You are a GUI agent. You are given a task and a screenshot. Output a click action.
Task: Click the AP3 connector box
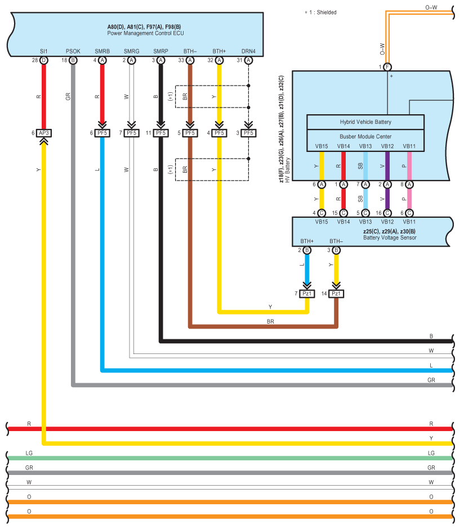(44, 133)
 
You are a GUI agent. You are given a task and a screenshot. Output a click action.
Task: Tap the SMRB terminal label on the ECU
(102, 51)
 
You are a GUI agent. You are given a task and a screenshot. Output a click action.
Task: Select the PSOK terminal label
(73, 51)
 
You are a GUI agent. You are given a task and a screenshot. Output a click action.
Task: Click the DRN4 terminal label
(248, 51)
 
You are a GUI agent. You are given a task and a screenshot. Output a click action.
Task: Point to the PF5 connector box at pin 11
(160, 133)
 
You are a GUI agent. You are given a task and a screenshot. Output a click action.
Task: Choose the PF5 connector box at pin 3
(248, 133)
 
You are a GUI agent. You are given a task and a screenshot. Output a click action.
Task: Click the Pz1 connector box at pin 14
(336, 294)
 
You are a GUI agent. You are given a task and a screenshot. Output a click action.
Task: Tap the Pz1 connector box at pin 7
(307, 294)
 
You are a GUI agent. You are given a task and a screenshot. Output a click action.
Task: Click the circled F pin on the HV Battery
(387, 67)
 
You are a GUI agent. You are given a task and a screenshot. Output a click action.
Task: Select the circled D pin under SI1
(44, 60)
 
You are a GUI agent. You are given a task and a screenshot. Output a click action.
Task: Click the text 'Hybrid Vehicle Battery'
(365, 122)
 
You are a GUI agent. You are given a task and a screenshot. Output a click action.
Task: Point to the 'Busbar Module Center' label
(365, 137)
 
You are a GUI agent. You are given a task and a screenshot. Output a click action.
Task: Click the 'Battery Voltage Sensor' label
(390, 237)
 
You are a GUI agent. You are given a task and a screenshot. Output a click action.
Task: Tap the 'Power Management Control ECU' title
(145, 33)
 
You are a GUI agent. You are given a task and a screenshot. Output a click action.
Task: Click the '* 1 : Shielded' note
(320, 12)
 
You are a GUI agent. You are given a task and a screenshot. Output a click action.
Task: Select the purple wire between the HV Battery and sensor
(387, 199)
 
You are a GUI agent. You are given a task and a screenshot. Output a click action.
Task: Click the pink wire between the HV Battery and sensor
(409, 199)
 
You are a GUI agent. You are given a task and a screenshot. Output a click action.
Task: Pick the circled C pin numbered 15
(343, 213)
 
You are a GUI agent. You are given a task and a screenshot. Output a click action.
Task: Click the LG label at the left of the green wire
(29, 453)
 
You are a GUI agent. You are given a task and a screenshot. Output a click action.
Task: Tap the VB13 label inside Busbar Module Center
(365, 146)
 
